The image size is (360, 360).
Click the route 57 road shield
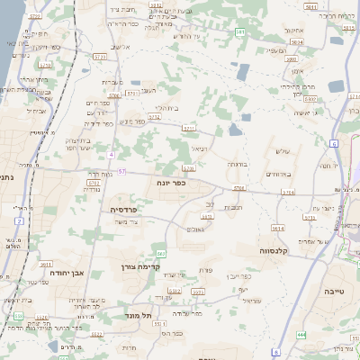pyautogui.click(x=121, y=171)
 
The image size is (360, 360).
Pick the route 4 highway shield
pyautogui.click(x=111, y=155)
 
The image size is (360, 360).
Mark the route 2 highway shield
pyautogui.click(x=19, y=220)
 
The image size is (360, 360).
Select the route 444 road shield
pyautogui.click(x=301, y=334)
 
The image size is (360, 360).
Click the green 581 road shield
pyautogui.click(x=240, y=32)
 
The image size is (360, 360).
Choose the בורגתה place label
pyautogui.click(x=238, y=164)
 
